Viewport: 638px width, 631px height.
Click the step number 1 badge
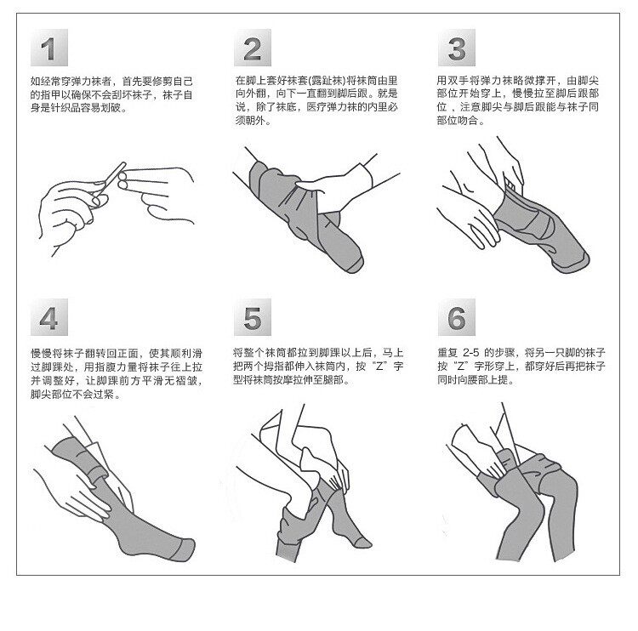coord(48,48)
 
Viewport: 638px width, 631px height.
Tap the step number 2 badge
coord(253,48)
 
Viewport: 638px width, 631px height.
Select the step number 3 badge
coord(457,48)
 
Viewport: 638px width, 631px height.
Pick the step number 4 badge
coord(48,317)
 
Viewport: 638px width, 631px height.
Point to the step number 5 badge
coord(253,317)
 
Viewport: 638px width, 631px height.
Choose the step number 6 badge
coord(457,317)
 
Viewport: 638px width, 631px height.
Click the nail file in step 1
coord(110,179)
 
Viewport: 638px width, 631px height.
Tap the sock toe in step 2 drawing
coord(351,260)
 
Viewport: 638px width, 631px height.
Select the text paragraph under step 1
coord(111,94)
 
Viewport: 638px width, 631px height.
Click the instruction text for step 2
coord(316,100)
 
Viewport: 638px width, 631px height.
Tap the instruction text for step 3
coord(518,100)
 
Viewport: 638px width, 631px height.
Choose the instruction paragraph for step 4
coord(117,373)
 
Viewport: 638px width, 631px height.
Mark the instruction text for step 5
coord(318,367)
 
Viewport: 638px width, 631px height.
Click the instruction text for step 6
coord(521,367)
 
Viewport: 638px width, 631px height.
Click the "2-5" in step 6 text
coord(470,353)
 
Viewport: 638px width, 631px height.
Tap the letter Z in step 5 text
coord(379,367)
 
